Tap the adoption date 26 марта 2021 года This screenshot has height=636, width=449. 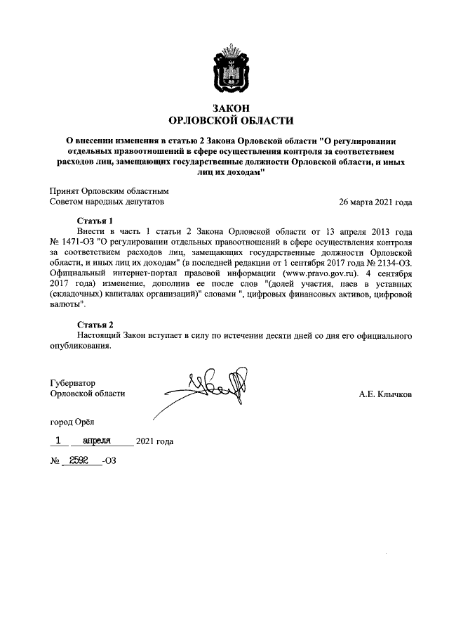pyautogui.click(x=375, y=202)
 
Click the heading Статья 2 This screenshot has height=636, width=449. pyautogui.click(x=94, y=325)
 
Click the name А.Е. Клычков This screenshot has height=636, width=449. pyautogui.click(x=385, y=394)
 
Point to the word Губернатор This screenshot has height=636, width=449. pyautogui.click(x=73, y=383)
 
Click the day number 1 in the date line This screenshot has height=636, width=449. pyautogui.click(x=60, y=441)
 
